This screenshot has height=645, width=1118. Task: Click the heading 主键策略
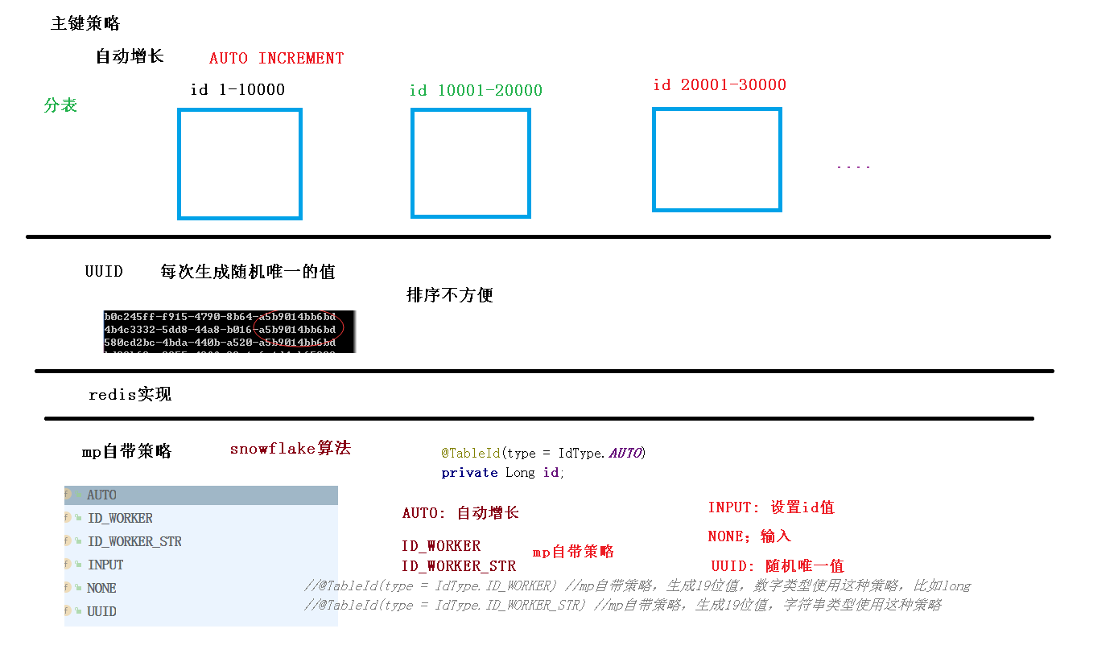point(85,24)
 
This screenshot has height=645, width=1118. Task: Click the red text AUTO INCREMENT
point(276,59)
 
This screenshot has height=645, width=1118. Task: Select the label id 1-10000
point(237,90)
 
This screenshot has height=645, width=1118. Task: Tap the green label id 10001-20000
point(476,91)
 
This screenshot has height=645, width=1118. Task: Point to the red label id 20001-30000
point(720,85)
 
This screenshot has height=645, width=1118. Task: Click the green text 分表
point(60,105)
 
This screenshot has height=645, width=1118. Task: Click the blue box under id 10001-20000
point(471,163)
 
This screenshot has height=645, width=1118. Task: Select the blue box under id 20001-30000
point(716,160)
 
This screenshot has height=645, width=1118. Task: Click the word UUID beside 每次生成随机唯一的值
point(104,272)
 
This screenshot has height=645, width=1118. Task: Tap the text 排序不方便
point(450,295)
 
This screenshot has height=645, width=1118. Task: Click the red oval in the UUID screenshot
point(299,326)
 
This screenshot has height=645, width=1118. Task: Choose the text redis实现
point(130,395)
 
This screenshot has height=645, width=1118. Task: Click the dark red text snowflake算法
point(291,449)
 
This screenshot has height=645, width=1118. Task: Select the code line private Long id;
point(503,473)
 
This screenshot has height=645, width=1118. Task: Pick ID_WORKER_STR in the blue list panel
point(134,542)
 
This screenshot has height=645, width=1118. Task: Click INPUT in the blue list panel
point(105,565)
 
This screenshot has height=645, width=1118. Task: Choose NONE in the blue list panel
point(102,589)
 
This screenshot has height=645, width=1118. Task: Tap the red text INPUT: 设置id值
point(771,507)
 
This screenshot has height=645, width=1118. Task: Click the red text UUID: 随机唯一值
point(778,566)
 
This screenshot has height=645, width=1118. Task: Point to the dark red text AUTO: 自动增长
point(460,513)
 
